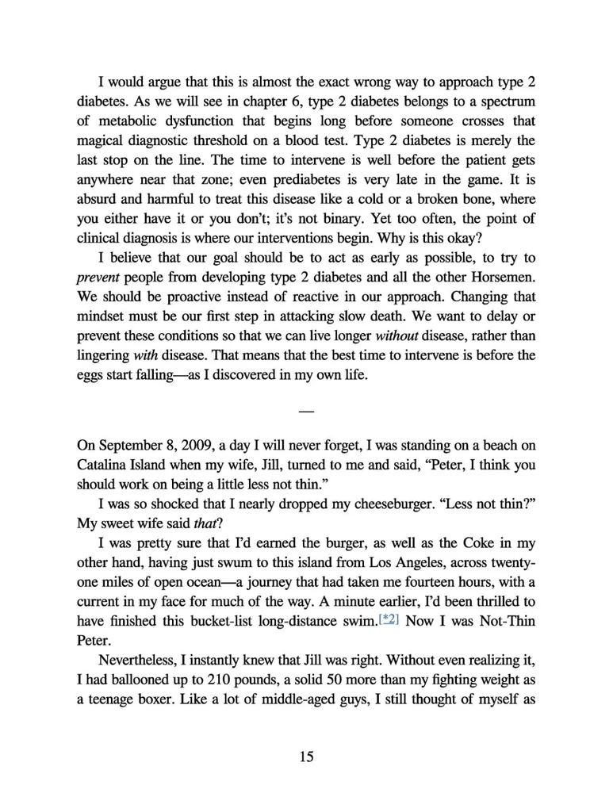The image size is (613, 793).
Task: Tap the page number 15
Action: click(307, 757)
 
